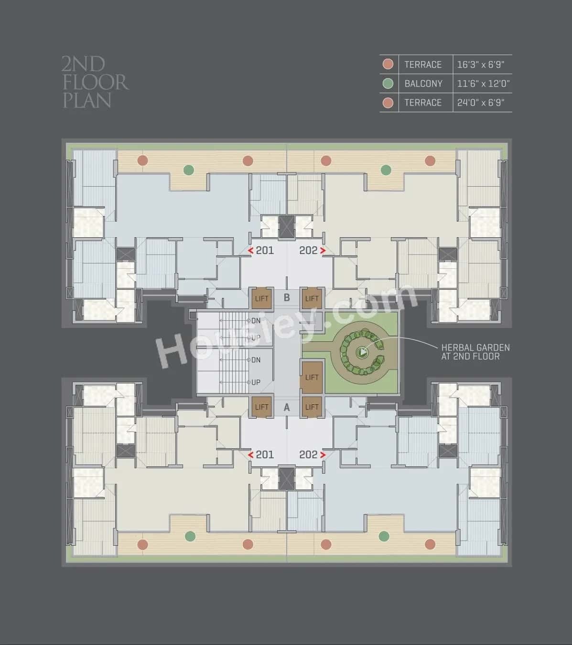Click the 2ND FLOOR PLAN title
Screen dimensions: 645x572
point(95,82)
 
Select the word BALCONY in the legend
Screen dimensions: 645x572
point(423,84)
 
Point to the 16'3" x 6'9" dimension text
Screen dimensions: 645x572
point(481,64)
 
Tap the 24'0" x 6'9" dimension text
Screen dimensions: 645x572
point(481,103)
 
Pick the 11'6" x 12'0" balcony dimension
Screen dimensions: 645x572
point(483,84)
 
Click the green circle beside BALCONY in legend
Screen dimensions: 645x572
point(388,84)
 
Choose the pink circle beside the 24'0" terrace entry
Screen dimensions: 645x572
point(388,103)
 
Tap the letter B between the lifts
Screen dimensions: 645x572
point(287,298)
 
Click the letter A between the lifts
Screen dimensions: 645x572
point(287,407)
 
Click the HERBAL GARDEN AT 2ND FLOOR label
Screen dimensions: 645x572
point(475,352)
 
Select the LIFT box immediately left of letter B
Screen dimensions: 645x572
point(262,298)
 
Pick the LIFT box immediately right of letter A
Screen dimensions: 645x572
point(312,407)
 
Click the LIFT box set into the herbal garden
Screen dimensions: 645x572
point(312,377)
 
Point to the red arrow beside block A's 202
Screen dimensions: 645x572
point(324,455)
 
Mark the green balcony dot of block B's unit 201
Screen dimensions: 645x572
point(189,169)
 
